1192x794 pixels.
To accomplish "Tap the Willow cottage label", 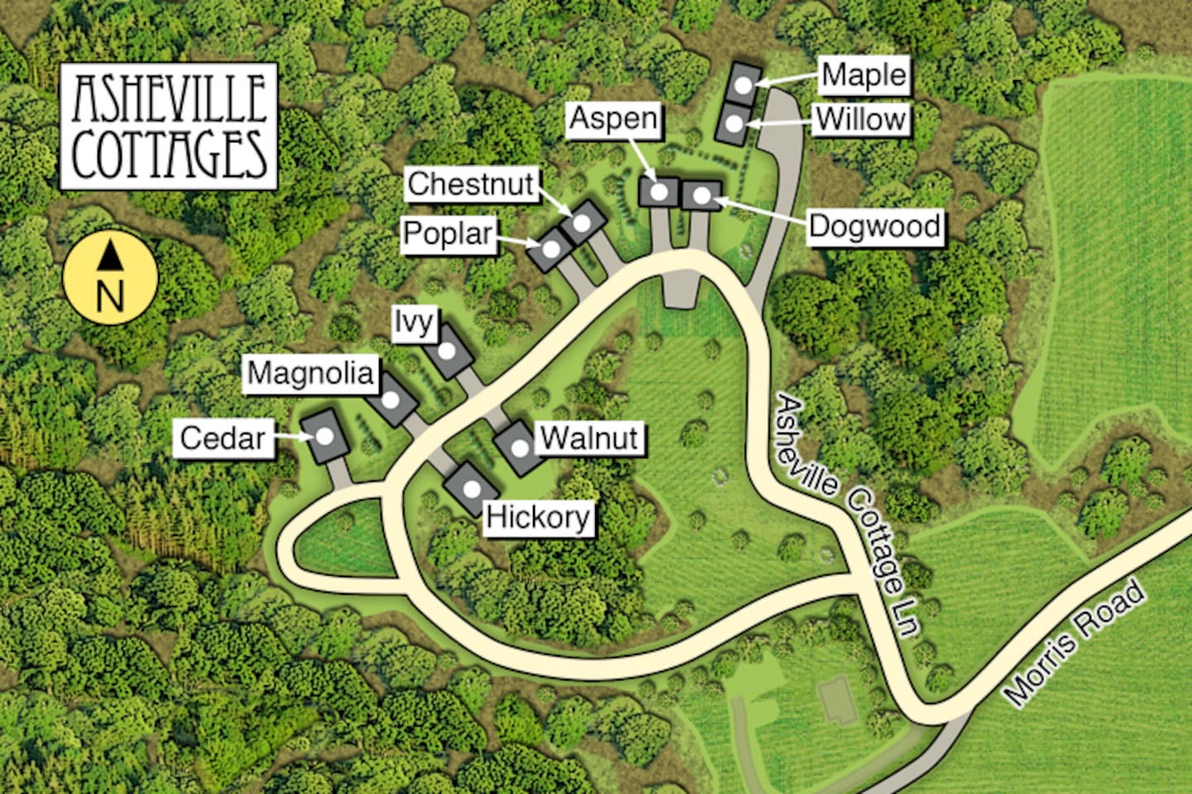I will click(x=860, y=120).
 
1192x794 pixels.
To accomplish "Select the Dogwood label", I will click(x=874, y=227).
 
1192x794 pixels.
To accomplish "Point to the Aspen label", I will click(x=613, y=118).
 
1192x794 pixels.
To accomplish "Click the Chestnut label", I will click(x=471, y=184).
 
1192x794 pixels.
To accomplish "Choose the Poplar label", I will click(x=448, y=234).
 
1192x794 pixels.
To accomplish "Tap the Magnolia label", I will click(x=310, y=373).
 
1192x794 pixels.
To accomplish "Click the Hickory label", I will click(x=538, y=518).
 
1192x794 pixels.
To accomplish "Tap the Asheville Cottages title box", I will click(x=169, y=127).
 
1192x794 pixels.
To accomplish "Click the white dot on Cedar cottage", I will click(x=325, y=436).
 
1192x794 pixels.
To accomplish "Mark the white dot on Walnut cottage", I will click(x=519, y=447).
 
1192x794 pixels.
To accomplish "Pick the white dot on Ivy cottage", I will click(x=447, y=351).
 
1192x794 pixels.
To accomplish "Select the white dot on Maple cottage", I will click(x=744, y=84).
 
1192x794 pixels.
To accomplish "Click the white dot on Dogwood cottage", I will click(x=701, y=195).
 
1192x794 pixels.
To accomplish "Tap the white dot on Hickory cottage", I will click(x=471, y=488).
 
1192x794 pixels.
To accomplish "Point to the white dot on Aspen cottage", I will click(x=660, y=192).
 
